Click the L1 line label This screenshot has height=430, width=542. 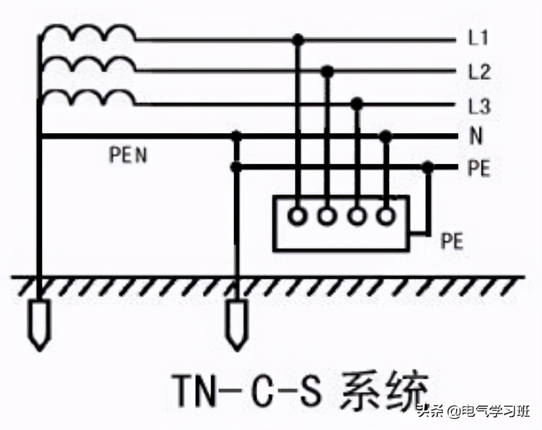coord(478,39)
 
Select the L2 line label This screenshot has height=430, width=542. coord(478,72)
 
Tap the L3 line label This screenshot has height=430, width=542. coord(478,106)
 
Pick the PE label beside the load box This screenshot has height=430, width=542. coord(452,241)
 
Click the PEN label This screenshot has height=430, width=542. coord(128,155)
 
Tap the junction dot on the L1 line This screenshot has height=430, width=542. coord(298,39)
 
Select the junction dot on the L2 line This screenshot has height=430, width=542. coord(328,71)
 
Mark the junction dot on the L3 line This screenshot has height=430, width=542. coord(357,103)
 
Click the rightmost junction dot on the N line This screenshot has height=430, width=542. coord(386,136)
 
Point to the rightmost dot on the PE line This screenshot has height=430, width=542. coord(428,167)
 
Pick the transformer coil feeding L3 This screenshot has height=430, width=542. coord(88,99)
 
